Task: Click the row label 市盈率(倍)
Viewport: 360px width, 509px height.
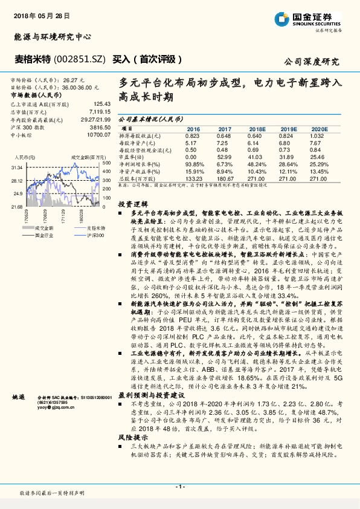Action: click(133, 157)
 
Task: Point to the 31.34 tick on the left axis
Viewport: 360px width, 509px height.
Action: click(16, 167)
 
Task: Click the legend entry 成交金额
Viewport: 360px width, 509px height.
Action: click(46, 227)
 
